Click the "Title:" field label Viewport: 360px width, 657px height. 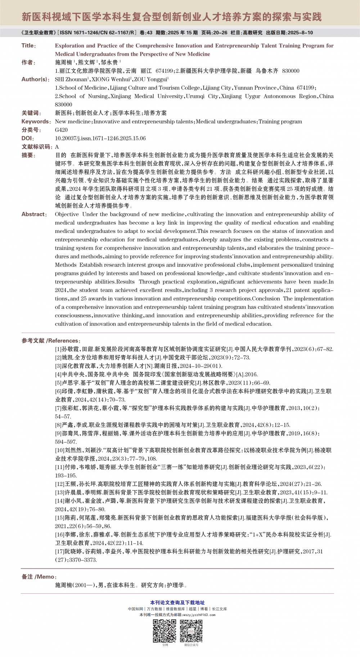point(28,46)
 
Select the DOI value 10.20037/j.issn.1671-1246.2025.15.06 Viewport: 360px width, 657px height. point(100,139)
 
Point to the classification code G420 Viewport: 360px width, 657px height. point(61,130)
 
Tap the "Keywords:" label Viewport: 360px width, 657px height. point(36,122)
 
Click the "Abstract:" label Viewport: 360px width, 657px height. point(34,214)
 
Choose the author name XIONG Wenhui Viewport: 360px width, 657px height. point(111,80)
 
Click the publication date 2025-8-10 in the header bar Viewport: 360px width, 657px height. point(300,33)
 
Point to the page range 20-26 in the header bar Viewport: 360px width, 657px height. point(220,33)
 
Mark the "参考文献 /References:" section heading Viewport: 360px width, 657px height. point(51,341)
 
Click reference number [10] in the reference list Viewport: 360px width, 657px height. point(59,450)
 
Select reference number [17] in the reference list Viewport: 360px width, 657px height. point(59,552)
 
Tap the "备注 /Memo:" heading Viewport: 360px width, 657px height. point(39,577)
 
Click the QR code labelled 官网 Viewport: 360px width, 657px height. point(165,631)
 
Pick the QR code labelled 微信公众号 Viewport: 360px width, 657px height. point(191,631)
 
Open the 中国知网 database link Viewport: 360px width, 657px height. point(135,609)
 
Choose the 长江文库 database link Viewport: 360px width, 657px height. point(219,609)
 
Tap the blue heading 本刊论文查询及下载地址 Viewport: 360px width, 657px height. point(177,603)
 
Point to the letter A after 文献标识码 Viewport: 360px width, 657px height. point(57,147)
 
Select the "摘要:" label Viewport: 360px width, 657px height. point(28,155)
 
